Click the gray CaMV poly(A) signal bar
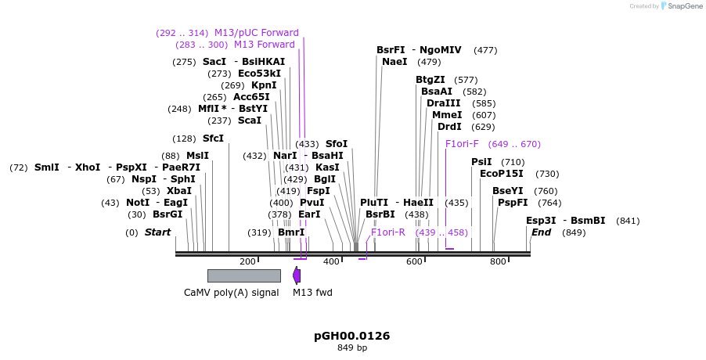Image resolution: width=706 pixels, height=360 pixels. point(243,275)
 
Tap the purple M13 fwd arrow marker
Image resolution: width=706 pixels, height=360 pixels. point(297,275)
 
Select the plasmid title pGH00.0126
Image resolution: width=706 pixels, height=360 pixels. point(351,336)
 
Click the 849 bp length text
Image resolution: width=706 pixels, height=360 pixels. point(351,347)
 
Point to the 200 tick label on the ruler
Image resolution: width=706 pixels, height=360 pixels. point(247,261)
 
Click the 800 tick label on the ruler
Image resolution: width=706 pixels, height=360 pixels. point(498,261)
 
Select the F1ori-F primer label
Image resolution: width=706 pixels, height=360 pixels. point(462,144)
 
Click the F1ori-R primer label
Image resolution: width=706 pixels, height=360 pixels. point(388,232)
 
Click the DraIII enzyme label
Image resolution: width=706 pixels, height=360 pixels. point(444,103)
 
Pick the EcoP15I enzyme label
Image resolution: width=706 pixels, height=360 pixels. point(501,174)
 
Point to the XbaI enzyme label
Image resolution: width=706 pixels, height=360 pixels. point(178,191)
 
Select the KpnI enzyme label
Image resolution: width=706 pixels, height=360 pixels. point(264,85)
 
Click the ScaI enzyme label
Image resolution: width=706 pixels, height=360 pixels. point(249,121)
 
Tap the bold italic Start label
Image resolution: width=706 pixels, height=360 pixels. point(157,232)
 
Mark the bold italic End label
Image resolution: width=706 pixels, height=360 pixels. point(541,232)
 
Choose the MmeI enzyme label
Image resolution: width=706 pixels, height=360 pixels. point(447,115)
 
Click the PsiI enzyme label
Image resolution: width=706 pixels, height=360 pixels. point(481,162)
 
